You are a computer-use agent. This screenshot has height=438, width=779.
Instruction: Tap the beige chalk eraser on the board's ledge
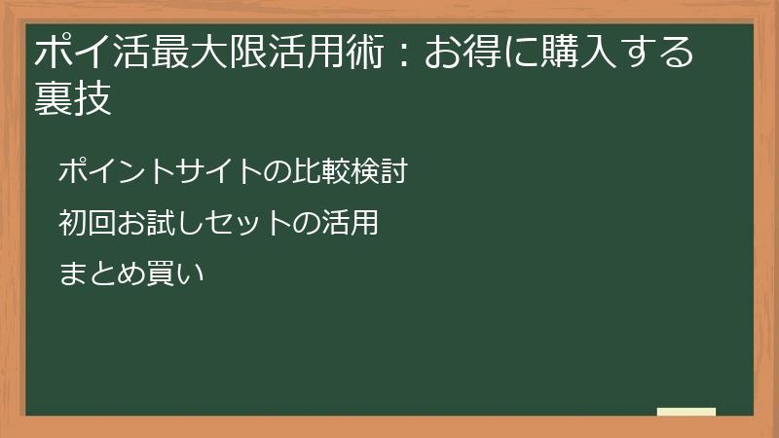point(686,413)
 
